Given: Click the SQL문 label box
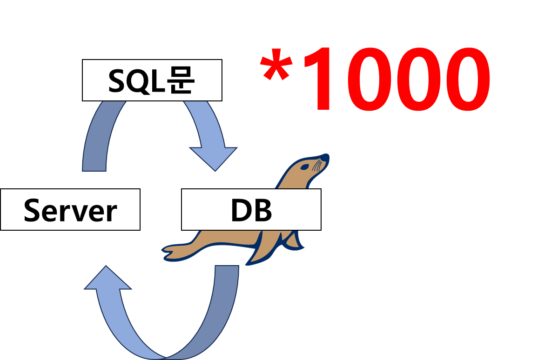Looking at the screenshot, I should (152, 80).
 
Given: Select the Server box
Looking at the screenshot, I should (70, 209).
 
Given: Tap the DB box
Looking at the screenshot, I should (251, 209).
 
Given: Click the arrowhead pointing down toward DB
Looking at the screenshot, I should (214, 158).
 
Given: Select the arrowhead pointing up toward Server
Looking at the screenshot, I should (107, 279).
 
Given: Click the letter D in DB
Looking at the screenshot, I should (240, 211).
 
